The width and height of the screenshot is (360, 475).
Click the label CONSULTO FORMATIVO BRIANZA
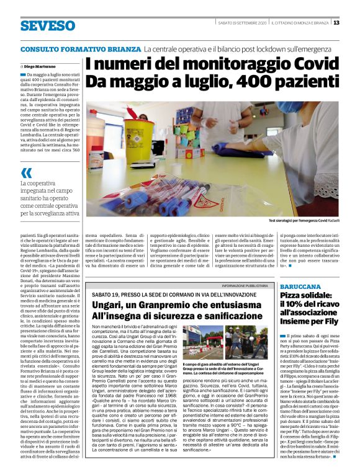[79, 48]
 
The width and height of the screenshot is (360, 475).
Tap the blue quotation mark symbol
[26, 173]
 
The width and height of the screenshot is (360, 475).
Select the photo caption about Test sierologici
[304, 221]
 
